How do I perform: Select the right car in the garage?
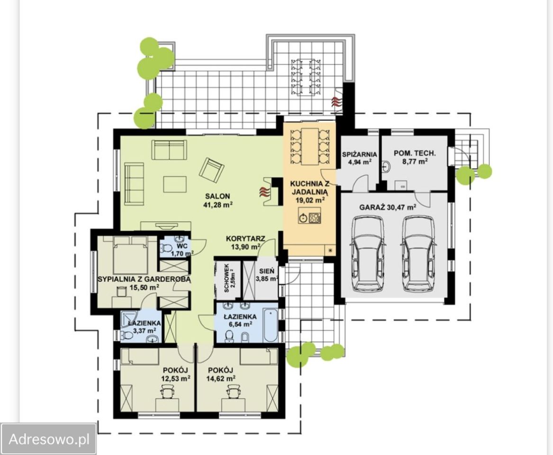point(419,254)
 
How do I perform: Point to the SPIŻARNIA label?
point(359,155)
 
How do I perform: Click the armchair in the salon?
point(212,170)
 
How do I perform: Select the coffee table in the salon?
point(175,184)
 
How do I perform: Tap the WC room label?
point(182,246)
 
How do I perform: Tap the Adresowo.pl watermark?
point(49,439)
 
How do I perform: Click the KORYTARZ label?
point(245,239)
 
